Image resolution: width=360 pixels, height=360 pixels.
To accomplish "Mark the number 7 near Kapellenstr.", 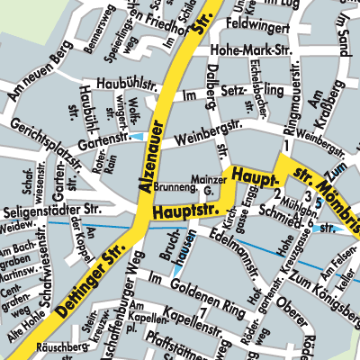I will (x=203, y=312).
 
